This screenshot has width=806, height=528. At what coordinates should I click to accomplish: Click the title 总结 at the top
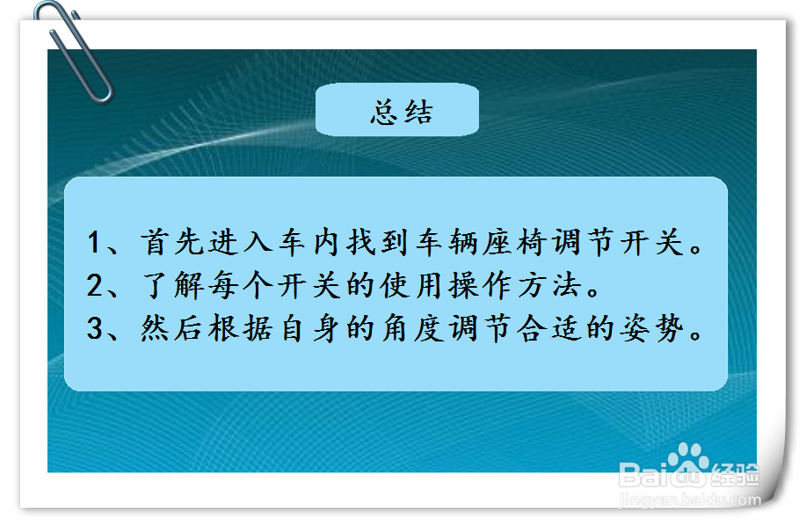[x=402, y=112]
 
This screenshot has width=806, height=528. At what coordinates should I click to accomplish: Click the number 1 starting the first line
[x=93, y=242]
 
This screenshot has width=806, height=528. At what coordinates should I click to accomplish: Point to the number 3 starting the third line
[x=95, y=328]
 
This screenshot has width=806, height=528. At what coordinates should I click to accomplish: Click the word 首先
[x=172, y=242]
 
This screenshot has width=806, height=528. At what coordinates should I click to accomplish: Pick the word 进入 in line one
[x=241, y=242]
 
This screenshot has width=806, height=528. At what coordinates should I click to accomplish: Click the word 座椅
[x=516, y=242]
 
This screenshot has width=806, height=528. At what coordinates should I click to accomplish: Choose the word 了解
[x=172, y=285]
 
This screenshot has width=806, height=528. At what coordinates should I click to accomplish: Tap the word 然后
[x=171, y=328]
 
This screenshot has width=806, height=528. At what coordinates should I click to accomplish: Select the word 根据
[x=241, y=328]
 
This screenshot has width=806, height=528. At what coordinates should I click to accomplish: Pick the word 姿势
[x=652, y=328]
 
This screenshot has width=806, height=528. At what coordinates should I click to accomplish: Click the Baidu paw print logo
[x=687, y=457]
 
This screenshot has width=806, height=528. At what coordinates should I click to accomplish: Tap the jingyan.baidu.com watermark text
[x=690, y=499]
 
